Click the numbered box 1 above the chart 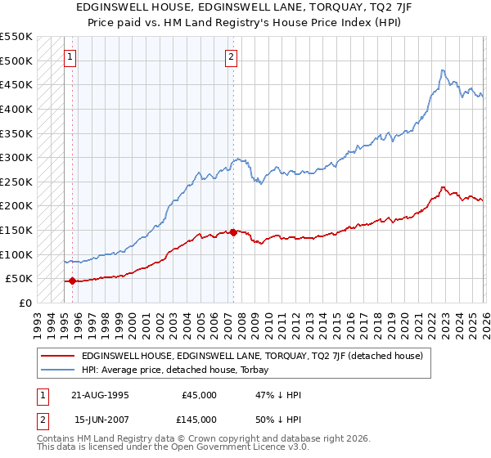70,57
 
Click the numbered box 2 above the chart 232,57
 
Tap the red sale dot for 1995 72,281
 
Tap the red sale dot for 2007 233,232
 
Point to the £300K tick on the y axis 16,157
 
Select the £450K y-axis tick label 16,84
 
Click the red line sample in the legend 57,356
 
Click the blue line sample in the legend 57,370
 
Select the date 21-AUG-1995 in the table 101,394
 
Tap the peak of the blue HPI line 442,70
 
